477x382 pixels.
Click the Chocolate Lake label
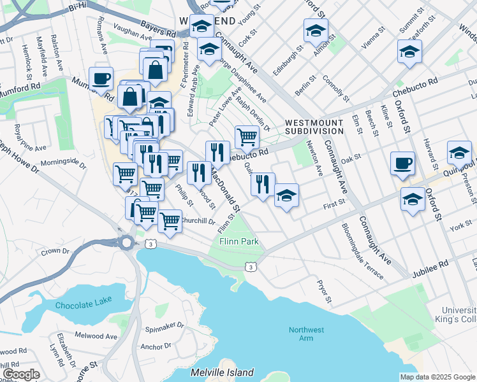pos(84,305)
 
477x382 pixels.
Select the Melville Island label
pos(222,372)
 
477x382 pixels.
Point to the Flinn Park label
pos(239,242)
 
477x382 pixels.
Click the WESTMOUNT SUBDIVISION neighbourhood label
pos(314,127)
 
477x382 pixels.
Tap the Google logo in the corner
pos(21,374)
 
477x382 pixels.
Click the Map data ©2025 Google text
pos(437,377)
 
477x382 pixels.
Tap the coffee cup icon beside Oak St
pos(402,164)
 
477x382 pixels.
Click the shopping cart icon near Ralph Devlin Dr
pos(247,136)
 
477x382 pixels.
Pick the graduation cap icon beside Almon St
pos(316,31)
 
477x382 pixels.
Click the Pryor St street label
pos(326,290)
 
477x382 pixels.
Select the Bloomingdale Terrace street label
pos(362,251)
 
